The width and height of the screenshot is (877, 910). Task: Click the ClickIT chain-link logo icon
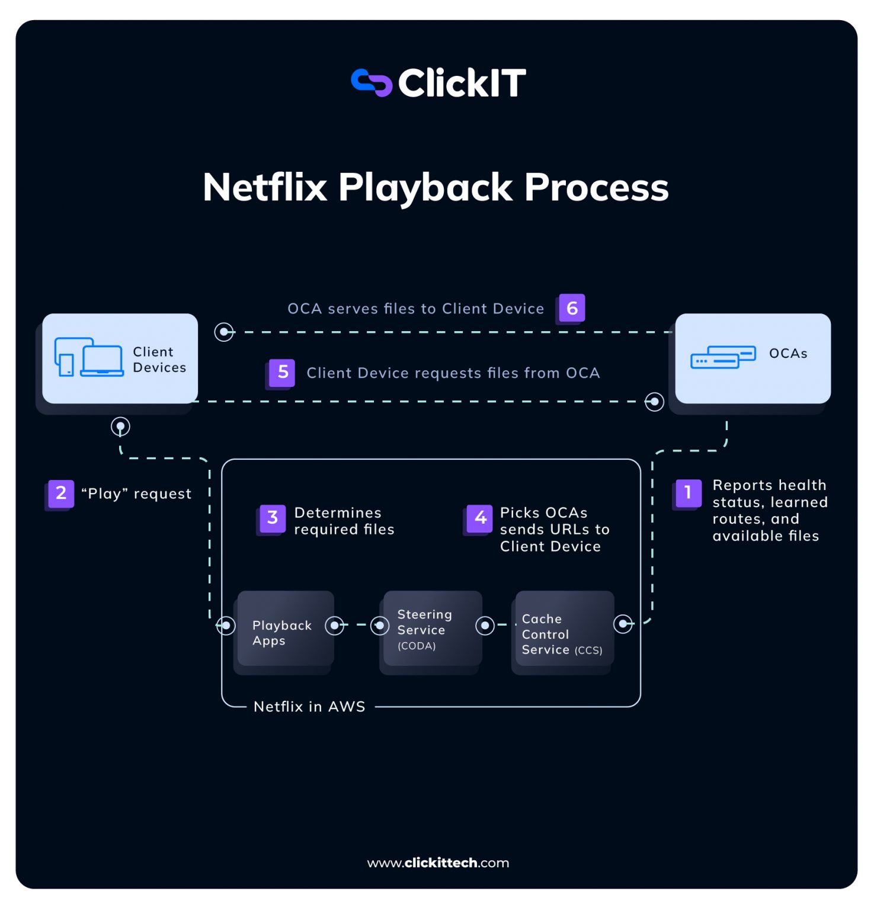click(371, 83)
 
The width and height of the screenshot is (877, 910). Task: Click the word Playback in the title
click(425, 188)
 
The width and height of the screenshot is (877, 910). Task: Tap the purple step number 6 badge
click(572, 308)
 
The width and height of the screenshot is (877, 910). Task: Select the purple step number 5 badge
click(283, 373)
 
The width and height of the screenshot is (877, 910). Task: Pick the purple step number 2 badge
click(60, 494)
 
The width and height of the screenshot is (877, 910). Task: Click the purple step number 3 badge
click(273, 518)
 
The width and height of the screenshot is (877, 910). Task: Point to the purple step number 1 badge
click(687, 493)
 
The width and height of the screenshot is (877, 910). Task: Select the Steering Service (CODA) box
click(432, 629)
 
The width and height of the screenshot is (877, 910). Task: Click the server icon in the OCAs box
click(723, 357)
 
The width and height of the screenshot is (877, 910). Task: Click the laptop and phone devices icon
click(89, 358)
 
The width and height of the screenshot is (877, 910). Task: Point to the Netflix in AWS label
click(309, 707)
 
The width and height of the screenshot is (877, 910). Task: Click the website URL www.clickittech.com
click(438, 863)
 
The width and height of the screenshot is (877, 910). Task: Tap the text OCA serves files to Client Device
click(415, 309)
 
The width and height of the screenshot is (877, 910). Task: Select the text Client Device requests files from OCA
click(453, 373)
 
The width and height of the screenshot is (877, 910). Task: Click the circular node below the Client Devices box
click(120, 427)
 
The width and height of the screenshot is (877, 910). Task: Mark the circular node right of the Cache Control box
click(623, 624)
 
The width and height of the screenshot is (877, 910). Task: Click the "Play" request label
click(136, 494)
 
